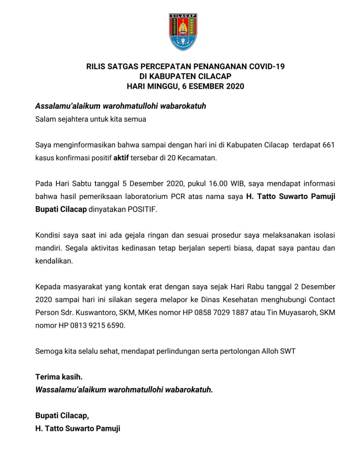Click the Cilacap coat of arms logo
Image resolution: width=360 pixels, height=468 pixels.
coord(183,32)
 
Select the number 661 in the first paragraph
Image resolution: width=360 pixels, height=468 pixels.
coord(329,145)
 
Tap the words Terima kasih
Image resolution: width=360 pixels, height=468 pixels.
coord(59,377)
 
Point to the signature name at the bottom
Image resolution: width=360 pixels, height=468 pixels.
coord(78,429)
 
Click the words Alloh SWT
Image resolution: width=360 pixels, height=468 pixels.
coord(278,351)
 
